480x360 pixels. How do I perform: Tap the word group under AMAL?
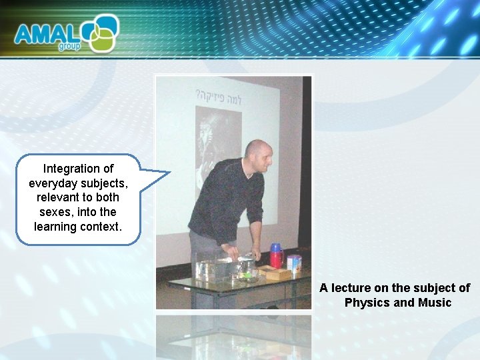pos(69,46)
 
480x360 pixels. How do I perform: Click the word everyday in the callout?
pos(51,183)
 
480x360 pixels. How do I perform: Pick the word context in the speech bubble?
pos(102,227)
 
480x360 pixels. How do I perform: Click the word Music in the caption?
pos(435,303)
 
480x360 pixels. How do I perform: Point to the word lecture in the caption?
pos(351,288)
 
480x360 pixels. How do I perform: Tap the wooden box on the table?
pos(274,272)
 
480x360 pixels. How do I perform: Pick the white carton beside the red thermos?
pos(294,262)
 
